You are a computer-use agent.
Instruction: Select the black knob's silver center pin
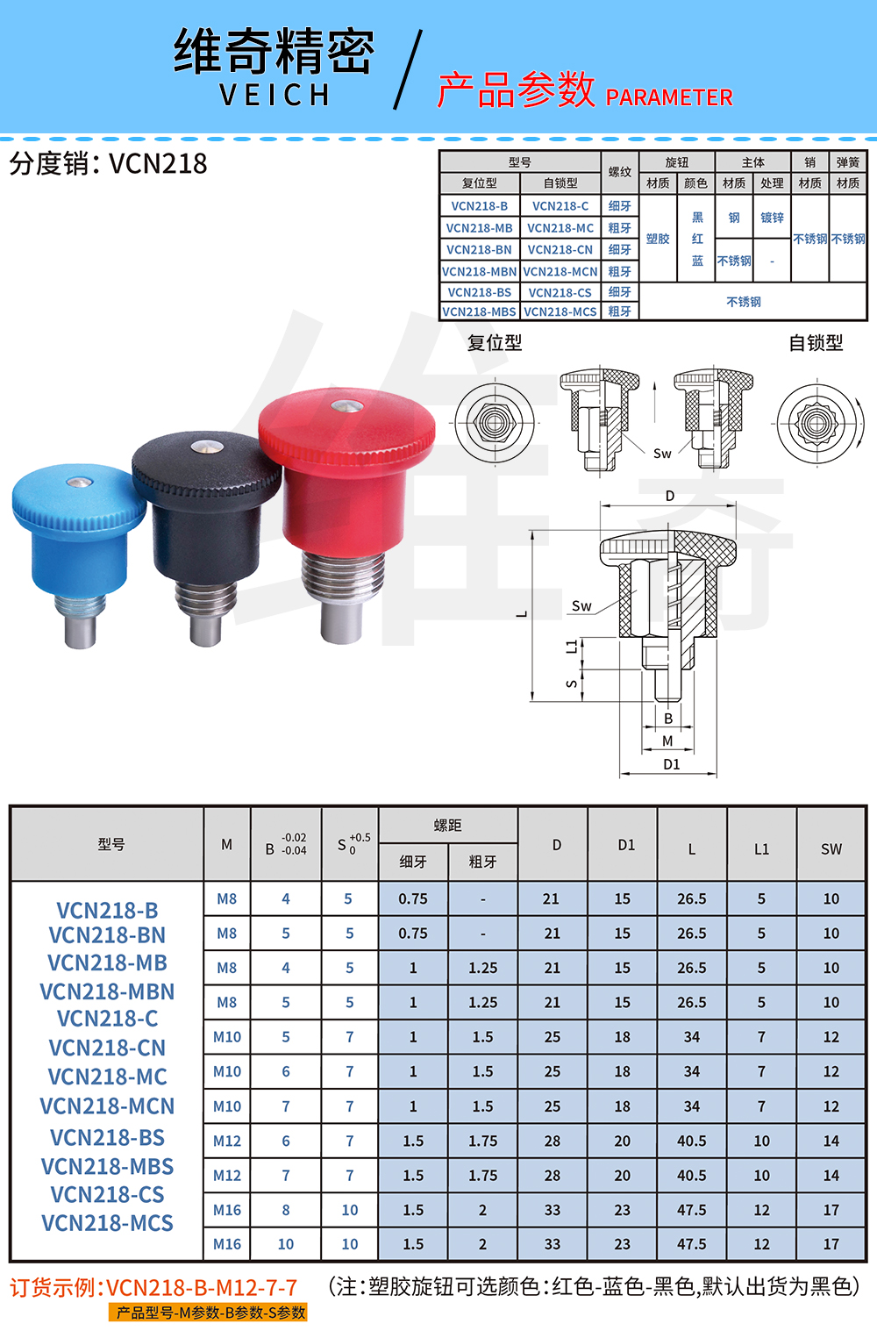tap(207, 447)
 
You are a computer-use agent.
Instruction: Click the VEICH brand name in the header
tap(275, 95)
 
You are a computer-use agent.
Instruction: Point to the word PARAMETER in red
tap(669, 97)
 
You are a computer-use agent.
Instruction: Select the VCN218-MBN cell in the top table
tap(480, 272)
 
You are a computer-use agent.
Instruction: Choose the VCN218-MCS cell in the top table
tap(560, 311)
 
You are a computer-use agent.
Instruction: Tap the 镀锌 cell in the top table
tap(772, 218)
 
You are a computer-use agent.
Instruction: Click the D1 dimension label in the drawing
tap(672, 764)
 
